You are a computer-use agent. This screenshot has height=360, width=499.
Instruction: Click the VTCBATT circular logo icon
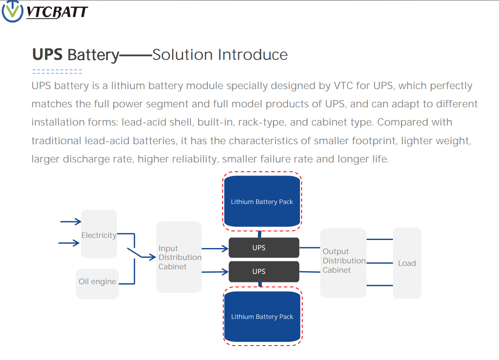(12, 11)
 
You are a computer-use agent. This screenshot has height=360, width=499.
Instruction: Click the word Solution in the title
(182, 55)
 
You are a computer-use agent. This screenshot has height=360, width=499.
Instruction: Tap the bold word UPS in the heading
(48, 54)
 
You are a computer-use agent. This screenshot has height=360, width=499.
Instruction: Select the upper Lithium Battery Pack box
(262, 201)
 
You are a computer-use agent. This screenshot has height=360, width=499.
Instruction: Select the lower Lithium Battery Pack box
(262, 316)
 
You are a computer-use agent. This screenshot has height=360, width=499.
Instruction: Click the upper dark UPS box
(264, 248)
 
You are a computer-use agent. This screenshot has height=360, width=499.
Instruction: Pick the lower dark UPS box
(264, 271)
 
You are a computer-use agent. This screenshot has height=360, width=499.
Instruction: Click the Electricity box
(99, 234)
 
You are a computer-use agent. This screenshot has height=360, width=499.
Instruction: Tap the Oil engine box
(98, 284)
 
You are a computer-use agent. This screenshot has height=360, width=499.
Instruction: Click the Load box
(407, 263)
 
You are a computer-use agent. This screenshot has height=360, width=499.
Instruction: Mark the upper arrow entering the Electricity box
(70, 222)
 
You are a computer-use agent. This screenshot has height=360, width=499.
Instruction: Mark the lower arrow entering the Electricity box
(69, 243)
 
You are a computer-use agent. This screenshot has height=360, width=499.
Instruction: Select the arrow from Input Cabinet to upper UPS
(215, 248)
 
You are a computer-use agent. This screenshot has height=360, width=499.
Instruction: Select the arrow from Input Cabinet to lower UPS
(215, 272)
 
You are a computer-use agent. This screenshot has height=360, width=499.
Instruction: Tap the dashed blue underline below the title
(58, 72)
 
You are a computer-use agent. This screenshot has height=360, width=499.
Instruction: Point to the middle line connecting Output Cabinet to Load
(380, 263)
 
